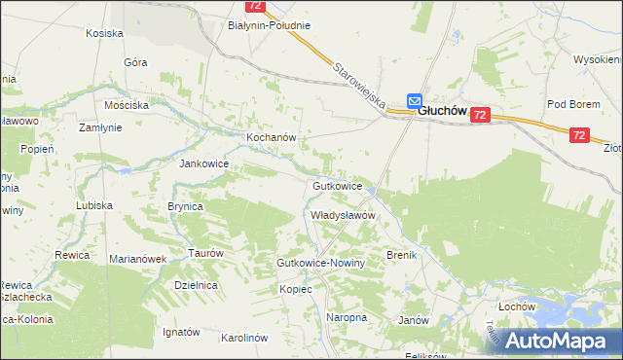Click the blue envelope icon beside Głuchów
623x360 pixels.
[414, 100]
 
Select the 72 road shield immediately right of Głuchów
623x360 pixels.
[480, 115]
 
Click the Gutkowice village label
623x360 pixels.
[338, 185]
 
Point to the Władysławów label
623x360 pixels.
[343, 215]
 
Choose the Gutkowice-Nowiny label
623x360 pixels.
[320, 264]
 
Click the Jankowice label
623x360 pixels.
[203, 163]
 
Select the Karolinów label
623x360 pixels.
[244, 338]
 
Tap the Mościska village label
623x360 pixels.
[127, 104]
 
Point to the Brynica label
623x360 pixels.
[185, 206]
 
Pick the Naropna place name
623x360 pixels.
[347, 317]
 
